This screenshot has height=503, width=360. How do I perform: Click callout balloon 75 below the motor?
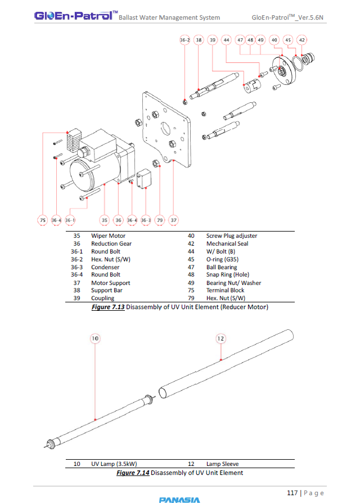(x=43, y=220)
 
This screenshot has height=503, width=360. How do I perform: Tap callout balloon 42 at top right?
(x=302, y=40)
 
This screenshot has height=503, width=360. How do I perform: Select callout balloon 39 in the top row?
(x=212, y=40)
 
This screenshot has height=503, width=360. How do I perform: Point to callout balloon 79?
(x=159, y=220)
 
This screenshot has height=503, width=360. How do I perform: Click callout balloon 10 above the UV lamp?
(x=94, y=338)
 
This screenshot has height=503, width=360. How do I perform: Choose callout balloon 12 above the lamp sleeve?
(x=220, y=338)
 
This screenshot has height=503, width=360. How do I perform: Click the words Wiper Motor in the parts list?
(x=108, y=236)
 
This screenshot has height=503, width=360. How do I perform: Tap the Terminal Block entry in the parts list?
(x=225, y=291)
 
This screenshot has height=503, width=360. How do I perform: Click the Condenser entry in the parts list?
(x=105, y=268)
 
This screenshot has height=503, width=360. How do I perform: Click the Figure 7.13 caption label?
(x=108, y=307)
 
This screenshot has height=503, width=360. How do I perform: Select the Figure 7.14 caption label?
(x=133, y=473)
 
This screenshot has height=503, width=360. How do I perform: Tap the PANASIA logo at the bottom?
(x=179, y=499)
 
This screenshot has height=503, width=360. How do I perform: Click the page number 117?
(x=292, y=493)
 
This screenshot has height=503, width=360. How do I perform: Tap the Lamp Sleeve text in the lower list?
(x=222, y=464)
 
